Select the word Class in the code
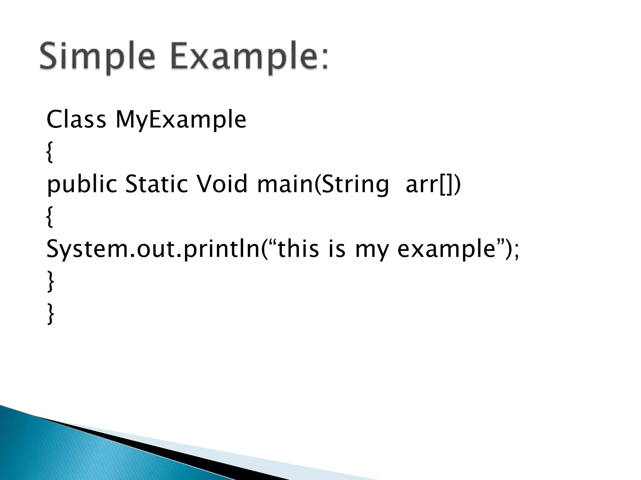pyautogui.click(x=76, y=120)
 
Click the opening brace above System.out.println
pyautogui.click(x=49, y=217)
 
